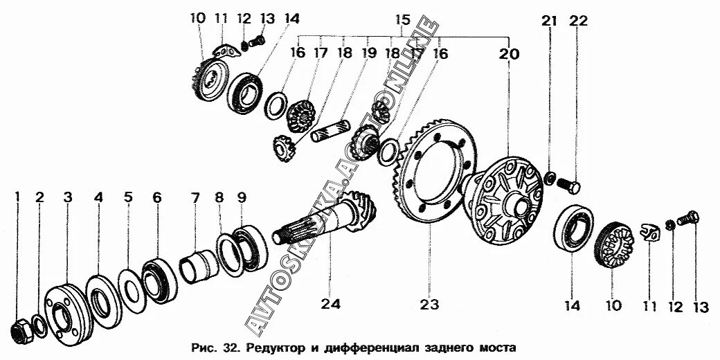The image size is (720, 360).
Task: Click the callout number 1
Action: (x=18, y=198)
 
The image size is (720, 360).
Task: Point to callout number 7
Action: (x=196, y=198)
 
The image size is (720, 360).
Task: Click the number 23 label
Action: (x=429, y=302)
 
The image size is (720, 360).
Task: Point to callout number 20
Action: (x=509, y=53)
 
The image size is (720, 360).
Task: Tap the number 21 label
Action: (x=549, y=21)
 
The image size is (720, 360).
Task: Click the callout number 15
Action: (x=402, y=19)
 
